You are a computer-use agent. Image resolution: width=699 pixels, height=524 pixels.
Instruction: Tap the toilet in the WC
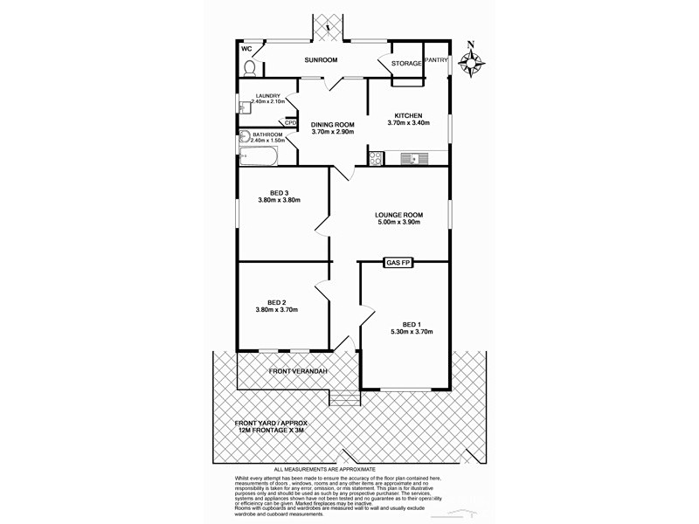click(249, 67)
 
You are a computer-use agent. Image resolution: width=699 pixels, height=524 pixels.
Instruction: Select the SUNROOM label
click(321, 61)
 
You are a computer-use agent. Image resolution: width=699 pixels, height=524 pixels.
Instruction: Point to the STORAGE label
click(406, 64)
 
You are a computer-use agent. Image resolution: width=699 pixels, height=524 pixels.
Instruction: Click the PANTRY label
click(436, 60)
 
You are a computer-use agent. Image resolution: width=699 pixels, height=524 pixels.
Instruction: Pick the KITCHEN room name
click(408, 116)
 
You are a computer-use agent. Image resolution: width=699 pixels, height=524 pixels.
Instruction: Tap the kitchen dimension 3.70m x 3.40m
click(408, 124)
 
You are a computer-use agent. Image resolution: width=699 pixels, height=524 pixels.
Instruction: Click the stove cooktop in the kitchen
click(377, 158)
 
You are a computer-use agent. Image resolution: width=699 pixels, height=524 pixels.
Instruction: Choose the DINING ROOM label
click(333, 124)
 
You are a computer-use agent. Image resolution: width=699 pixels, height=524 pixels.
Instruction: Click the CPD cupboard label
click(290, 123)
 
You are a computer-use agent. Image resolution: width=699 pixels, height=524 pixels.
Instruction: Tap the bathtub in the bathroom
click(258, 158)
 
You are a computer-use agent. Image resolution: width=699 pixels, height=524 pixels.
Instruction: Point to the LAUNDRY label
click(267, 95)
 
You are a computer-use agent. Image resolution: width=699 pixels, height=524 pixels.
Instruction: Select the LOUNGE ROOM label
click(398, 215)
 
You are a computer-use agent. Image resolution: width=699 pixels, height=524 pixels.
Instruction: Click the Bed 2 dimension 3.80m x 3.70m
click(277, 310)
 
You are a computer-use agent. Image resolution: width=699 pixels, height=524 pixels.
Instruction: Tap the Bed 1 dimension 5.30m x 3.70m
click(412, 332)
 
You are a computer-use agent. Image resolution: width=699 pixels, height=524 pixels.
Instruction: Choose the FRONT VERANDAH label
click(298, 373)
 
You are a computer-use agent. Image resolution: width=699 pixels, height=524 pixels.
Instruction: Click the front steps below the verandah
click(344, 399)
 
